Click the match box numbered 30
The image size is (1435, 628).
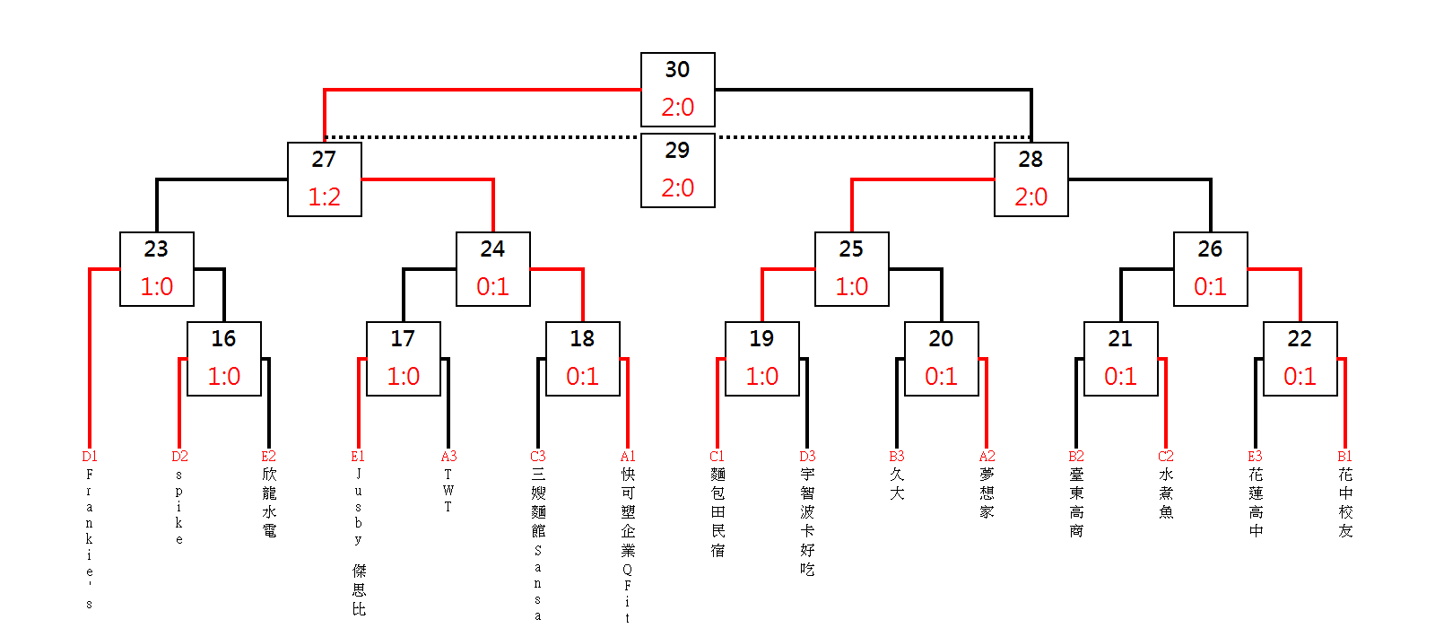click(677, 89)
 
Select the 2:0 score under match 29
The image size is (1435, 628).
click(677, 188)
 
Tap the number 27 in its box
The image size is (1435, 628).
click(324, 160)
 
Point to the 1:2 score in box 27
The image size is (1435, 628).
click(324, 196)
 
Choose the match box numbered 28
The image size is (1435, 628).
click(1031, 179)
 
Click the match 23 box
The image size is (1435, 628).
click(156, 268)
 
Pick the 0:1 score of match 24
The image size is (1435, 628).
click(492, 286)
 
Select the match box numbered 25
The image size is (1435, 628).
click(851, 268)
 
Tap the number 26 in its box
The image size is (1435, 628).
click(1210, 249)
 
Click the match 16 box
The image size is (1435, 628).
click(223, 358)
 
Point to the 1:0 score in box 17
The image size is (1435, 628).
click(403, 376)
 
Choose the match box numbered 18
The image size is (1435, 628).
click(582, 358)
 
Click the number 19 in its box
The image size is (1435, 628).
click(761, 339)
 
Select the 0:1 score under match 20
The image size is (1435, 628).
click(941, 376)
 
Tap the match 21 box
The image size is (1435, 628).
click(1120, 358)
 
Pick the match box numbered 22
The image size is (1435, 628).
click(1300, 358)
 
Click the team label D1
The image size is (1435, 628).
click(90, 457)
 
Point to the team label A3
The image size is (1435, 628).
click(448, 457)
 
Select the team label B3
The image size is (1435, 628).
click(897, 457)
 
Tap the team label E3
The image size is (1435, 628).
click(1256, 457)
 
